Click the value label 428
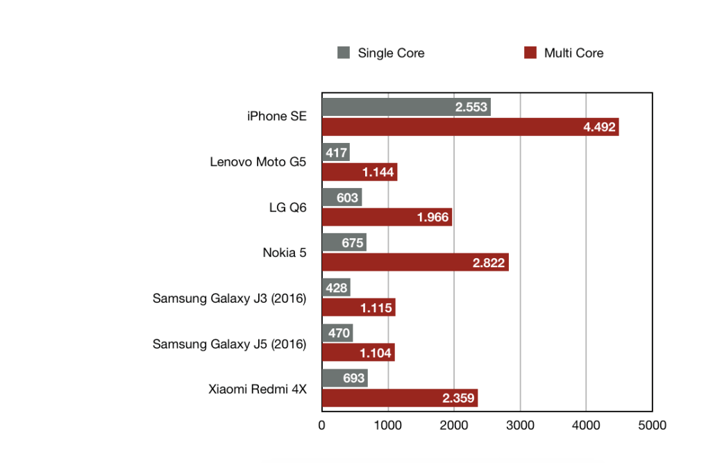click(x=336, y=288)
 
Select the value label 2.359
click(x=459, y=398)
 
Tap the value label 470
click(x=338, y=333)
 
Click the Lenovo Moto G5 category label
click(x=258, y=162)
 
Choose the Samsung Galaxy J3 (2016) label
click(x=229, y=298)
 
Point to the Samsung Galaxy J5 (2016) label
click(x=229, y=344)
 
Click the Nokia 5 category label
click(x=284, y=252)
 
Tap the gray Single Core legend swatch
click(x=344, y=53)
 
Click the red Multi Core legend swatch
click(x=530, y=53)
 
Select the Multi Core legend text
click(x=573, y=53)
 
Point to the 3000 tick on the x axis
click(x=520, y=425)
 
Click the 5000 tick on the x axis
click(x=652, y=425)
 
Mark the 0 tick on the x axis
click(x=322, y=425)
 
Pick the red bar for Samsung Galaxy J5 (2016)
click(x=358, y=353)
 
